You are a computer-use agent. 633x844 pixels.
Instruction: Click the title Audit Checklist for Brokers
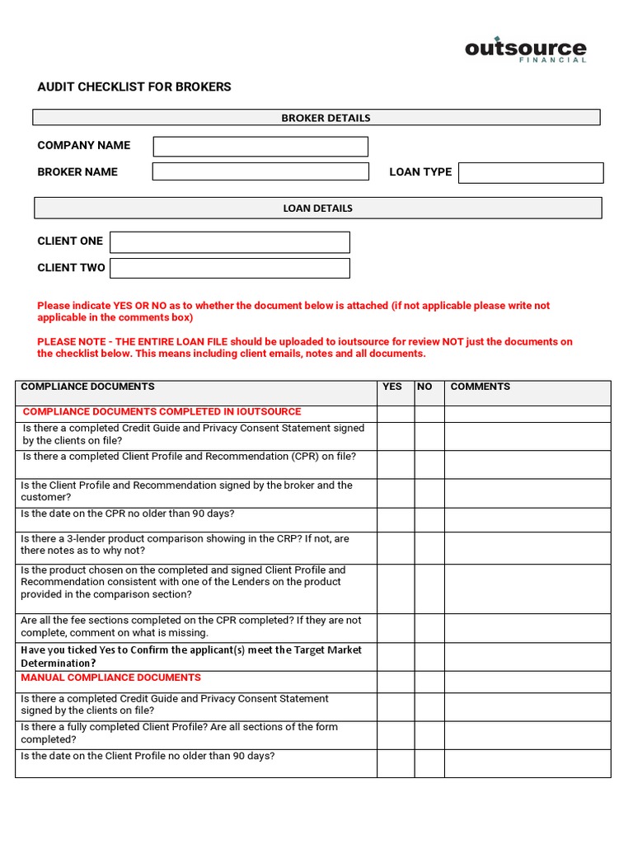(134, 87)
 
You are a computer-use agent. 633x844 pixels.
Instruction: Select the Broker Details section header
(316, 118)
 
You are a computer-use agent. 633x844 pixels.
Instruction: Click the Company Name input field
(260, 147)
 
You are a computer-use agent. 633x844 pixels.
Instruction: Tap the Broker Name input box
(260, 171)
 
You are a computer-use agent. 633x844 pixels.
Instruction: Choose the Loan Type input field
(531, 172)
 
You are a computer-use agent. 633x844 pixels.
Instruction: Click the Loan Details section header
(317, 209)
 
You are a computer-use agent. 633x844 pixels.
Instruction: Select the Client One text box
(230, 241)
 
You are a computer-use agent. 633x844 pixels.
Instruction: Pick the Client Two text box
(230, 268)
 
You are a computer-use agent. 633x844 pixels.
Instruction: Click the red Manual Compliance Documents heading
(110, 678)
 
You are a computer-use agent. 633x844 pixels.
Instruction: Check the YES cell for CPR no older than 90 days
(395, 518)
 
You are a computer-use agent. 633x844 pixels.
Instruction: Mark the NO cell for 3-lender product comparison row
(429, 547)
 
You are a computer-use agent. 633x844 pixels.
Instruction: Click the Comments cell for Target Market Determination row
(527, 656)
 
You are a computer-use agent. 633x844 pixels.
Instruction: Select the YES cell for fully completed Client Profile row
(395, 734)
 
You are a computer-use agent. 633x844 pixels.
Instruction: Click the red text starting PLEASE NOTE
(305, 347)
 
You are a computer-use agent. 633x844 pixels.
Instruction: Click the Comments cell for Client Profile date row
(527, 763)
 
